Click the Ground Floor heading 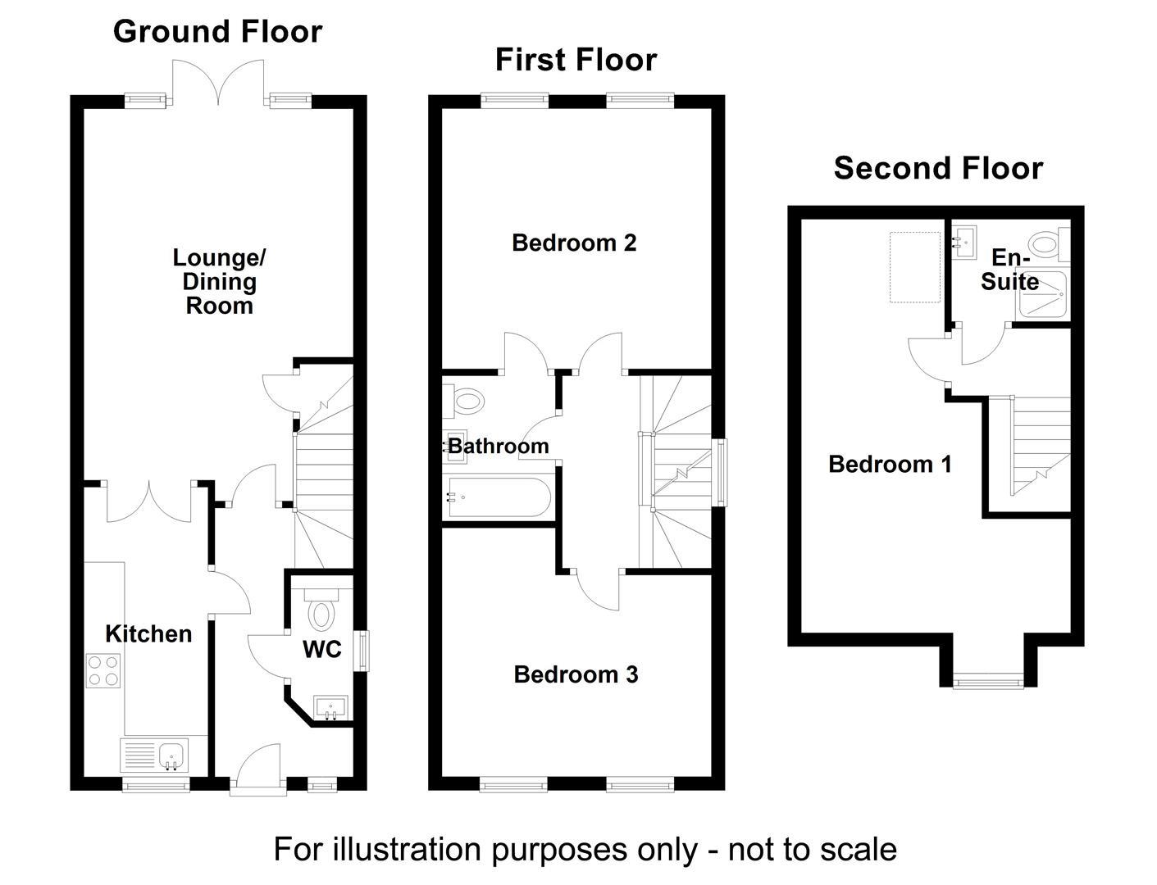point(217,32)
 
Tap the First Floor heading point(576,60)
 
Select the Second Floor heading point(938,168)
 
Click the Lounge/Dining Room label point(219,281)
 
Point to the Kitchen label point(148,633)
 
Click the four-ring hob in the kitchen point(103,669)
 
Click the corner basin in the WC point(331,707)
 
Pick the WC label point(321,650)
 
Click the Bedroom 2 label point(574,243)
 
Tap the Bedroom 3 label point(576,674)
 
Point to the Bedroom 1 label point(890,464)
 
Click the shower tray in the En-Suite point(1041,293)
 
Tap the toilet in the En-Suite point(1047,243)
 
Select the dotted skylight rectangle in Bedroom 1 point(915,267)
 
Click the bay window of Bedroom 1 point(988,679)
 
